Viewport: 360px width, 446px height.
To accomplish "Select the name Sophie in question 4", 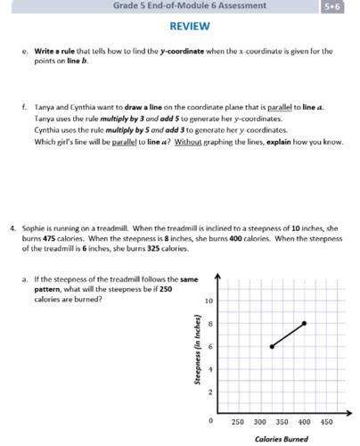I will pos(36,228).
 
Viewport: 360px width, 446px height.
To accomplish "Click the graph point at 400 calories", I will pos(304,323).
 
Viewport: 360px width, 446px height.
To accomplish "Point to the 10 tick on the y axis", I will pos(208,301).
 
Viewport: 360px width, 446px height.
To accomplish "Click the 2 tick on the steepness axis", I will pos(209,392).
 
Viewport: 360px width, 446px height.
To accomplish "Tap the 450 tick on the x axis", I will pos(326,421).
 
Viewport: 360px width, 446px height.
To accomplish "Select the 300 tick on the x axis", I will pos(259,421).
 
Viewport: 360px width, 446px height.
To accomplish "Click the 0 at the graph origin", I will pos(209,419).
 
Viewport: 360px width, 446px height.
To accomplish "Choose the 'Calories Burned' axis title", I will pos(281,439).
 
